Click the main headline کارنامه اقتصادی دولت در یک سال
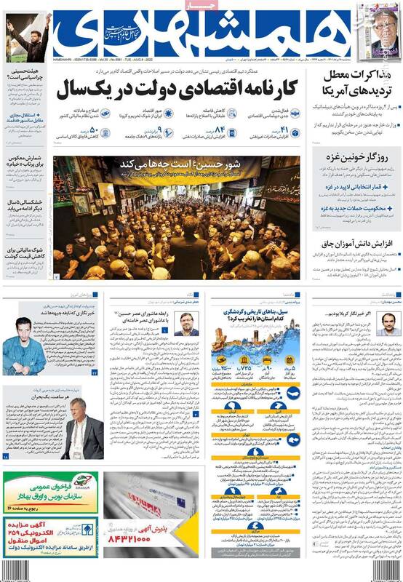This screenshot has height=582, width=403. click(x=175, y=90)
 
